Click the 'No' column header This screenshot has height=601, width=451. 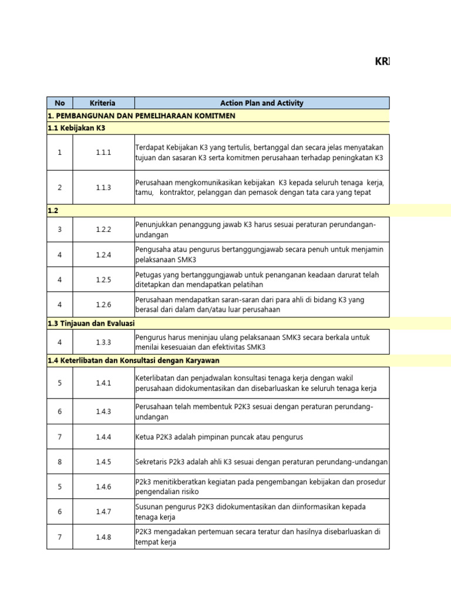pos(59,103)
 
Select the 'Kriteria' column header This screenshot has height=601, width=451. pos(103,103)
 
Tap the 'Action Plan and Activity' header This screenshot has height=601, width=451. pos(261,103)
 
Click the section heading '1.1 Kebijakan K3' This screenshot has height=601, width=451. pos(76,128)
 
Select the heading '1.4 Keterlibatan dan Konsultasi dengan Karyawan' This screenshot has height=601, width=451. pos(133,360)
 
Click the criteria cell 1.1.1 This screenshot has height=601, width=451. pos(103,153)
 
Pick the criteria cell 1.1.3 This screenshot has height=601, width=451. pos(103,188)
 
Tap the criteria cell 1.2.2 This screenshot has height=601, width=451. pos(103,229)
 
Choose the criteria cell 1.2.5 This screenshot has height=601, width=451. pos(103,280)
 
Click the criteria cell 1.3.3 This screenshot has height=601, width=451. pos(103,342)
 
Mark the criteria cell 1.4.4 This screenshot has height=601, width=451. pos(103,437)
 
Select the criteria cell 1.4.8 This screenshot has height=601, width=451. pos(103,537)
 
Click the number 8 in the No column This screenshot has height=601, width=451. pos(59,462)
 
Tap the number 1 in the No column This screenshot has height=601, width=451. pos(59,153)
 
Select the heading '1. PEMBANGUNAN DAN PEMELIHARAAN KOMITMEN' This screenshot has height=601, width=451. pos(141,116)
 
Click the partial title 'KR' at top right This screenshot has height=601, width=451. pos(382,62)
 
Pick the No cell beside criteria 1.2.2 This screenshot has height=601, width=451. pos(59,229)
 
